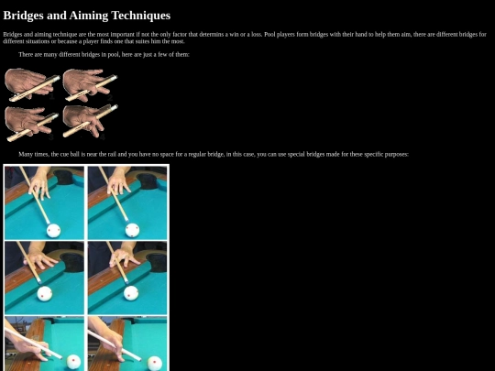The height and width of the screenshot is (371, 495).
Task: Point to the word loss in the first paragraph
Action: click(256, 34)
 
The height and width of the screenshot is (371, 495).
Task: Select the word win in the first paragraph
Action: click(234, 34)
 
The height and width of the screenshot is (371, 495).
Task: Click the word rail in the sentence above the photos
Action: click(112, 154)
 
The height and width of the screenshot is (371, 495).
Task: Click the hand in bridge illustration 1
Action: click(27, 83)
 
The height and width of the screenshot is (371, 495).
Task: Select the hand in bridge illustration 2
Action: click(83, 83)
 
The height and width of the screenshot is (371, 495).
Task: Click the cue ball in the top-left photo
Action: click(53, 231)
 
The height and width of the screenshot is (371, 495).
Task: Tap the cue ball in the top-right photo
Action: click(132, 230)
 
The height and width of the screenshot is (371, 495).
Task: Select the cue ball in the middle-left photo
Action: click(45, 293)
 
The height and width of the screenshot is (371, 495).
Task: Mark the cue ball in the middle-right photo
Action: click(131, 293)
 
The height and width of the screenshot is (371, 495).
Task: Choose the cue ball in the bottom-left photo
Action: click(73, 363)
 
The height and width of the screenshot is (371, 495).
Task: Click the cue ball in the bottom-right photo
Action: click(155, 364)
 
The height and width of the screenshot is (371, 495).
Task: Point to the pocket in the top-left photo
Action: click(64, 178)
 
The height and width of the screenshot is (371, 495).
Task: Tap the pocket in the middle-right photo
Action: click(157, 263)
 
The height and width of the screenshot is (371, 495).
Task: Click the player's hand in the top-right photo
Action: click(119, 184)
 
